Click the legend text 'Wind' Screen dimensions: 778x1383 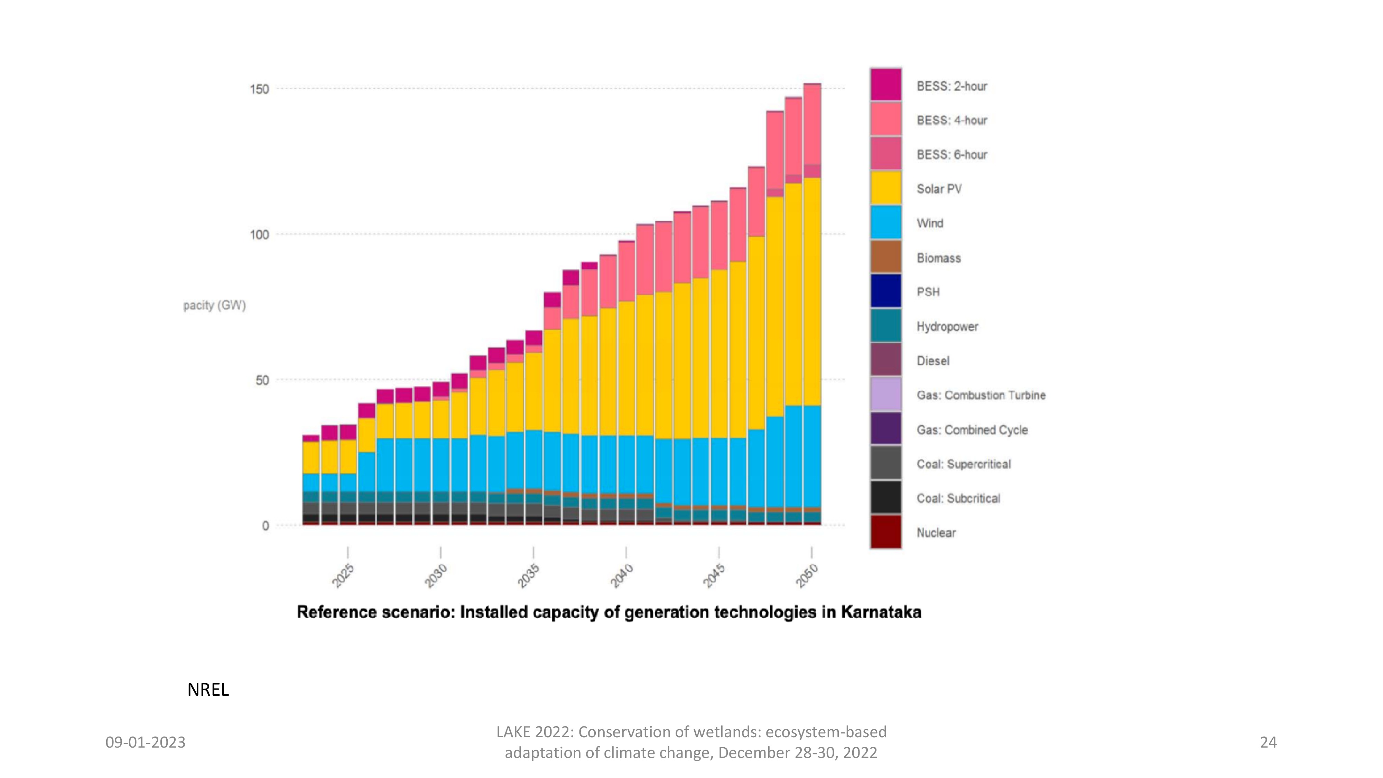tap(929, 223)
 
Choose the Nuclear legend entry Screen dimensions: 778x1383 tap(936, 532)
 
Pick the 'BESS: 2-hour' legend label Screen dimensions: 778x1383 tap(952, 86)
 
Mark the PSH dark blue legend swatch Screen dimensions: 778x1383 tap(886, 291)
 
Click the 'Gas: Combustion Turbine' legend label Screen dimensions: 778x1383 tap(981, 396)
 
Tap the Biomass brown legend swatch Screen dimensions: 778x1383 tap(886, 257)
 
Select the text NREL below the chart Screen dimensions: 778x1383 tap(208, 689)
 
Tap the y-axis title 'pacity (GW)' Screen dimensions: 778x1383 tap(214, 306)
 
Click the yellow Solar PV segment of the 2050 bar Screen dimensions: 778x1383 tap(812, 290)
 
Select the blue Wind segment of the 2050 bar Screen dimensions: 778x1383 tap(812, 456)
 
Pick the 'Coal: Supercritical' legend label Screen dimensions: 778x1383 tap(963, 464)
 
